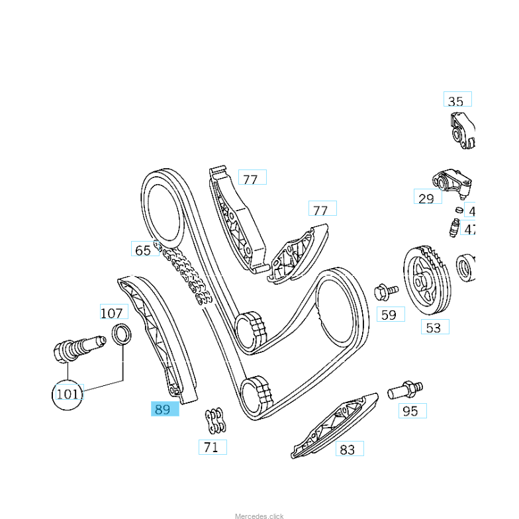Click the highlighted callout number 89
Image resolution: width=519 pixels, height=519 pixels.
click(x=163, y=409)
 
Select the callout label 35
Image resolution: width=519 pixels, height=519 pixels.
click(x=456, y=101)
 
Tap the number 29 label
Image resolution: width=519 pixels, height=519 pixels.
click(x=426, y=198)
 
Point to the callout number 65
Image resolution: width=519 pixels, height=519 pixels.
click(x=142, y=250)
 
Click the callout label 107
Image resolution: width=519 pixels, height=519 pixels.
click(x=113, y=312)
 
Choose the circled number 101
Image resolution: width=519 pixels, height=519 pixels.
click(x=68, y=395)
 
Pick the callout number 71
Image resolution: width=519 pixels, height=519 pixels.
click(x=211, y=448)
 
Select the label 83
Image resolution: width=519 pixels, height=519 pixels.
click(x=348, y=449)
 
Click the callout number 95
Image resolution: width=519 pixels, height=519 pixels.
click(x=411, y=411)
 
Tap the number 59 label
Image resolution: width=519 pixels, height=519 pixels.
click(x=389, y=314)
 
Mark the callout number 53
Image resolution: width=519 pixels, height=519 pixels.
click(x=434, y=327)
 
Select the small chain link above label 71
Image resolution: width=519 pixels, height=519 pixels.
click(x=213, y=420)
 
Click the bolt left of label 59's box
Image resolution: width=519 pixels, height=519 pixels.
click(x=385, y=291)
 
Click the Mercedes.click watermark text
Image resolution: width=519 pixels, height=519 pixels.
click(x=259, y=515)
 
